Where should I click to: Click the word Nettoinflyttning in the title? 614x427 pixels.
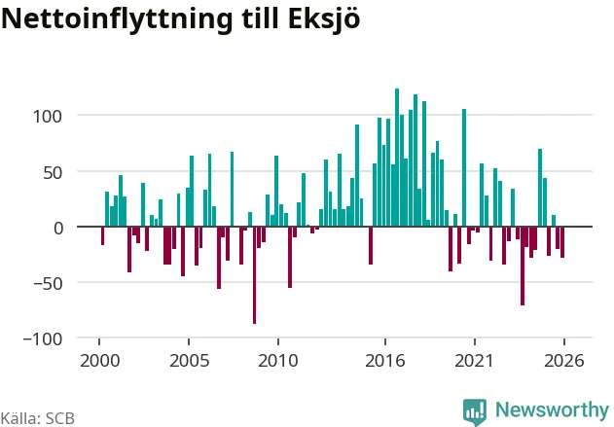(x=117, y=19)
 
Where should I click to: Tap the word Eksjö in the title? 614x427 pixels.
(x=324, y=18)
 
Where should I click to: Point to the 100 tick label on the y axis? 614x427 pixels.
(x=48, y=117)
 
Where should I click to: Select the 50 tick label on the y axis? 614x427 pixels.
(x=53, y=172)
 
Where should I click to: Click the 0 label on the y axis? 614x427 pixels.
(x=58, y=229)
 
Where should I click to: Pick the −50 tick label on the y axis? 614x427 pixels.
(x=48, y=284)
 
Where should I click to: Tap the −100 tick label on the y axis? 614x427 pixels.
(x=43, y=339)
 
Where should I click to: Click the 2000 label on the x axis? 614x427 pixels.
(x=100, y=361)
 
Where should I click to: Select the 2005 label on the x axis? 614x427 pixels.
(x=189, y=361)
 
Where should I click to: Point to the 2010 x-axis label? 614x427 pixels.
(x=278, y=361)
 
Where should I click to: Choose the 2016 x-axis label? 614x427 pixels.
(x=385, y=361)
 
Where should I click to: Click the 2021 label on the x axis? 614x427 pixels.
(x=474, y=361)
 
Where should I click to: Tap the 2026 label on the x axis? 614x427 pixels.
(x=563, y=361)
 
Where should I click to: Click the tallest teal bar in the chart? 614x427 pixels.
(x=397, y=158)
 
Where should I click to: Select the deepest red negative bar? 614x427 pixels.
(x=255, y=275)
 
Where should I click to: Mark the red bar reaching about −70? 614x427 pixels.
(x=523, y=266)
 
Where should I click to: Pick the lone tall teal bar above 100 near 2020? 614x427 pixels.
(x=464, y=167)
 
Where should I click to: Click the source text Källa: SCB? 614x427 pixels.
(x=37, y=418)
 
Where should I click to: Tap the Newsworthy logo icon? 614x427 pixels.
(x=475, y=412)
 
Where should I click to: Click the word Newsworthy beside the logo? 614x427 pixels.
(x=552, y=409)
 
